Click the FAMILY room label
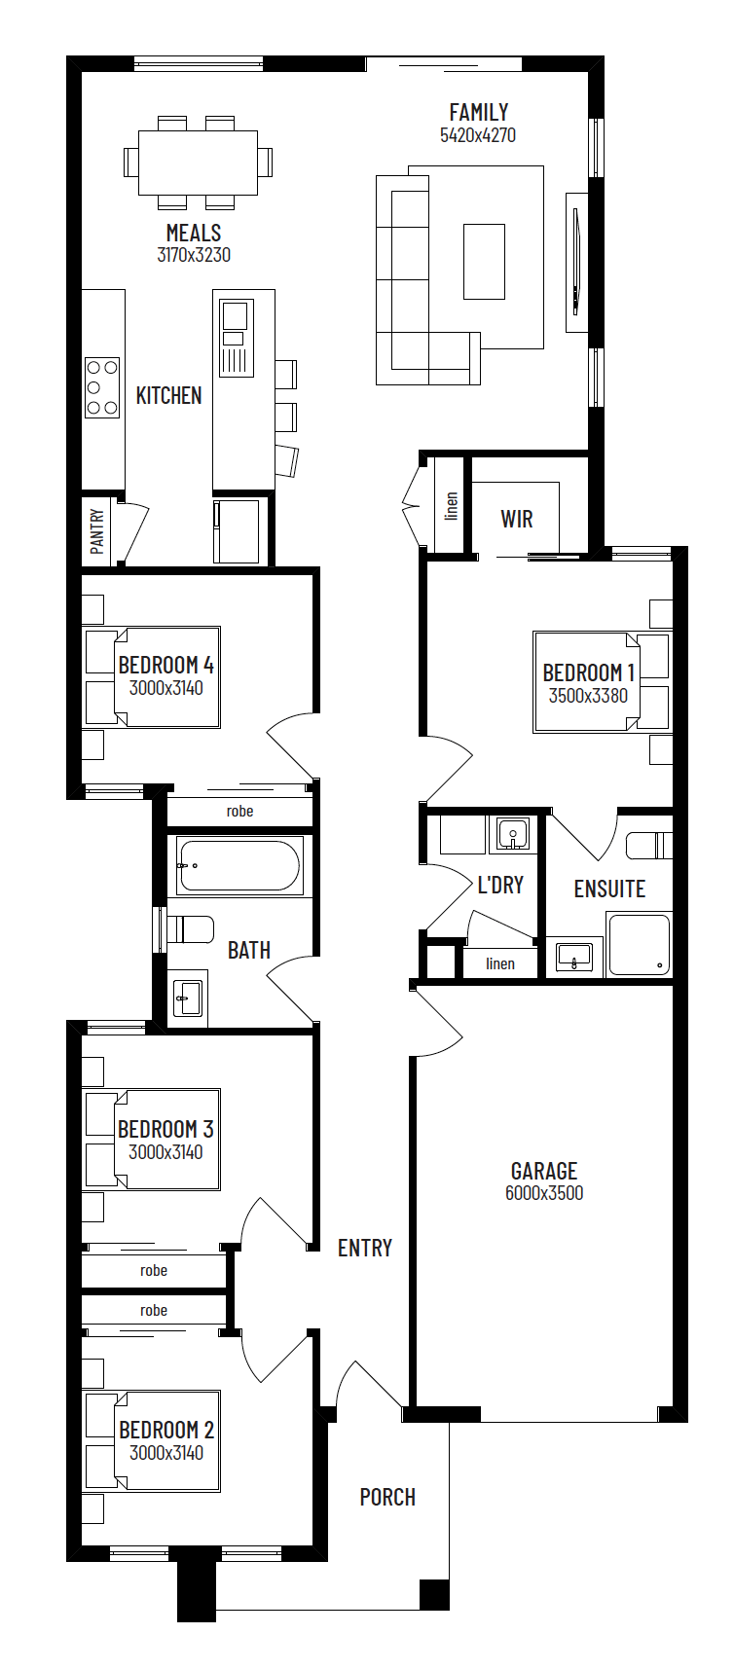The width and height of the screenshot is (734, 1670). pyautogui.click(x=478, y=113)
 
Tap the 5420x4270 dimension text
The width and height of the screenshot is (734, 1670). pyautogui.click(x=478, y=135)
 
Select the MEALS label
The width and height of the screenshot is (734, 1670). pyautogui.click(x=194, y=234)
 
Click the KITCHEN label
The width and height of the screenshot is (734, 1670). pyautogui.click(x=169, y=396)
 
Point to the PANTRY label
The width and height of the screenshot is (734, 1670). pyautogui.click(x=97, y=531)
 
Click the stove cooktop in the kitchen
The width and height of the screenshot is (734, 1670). pyautogui.click(x=102, y=387)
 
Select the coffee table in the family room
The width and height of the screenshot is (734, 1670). pyautogui.click(x=484, y=262)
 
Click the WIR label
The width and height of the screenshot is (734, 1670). pyautogui.click(x=517, y=519)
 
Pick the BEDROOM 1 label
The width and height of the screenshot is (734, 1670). pyautogui.click(x=589, y=673)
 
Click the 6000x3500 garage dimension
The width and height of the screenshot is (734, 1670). pyautogui.click(x=544, y=1193)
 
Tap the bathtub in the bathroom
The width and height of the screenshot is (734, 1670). pyautogui.click(x=239, y=865)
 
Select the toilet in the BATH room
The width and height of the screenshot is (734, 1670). pyautogui.click(x=190, y=929)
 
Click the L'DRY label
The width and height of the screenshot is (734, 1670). pyautogui.click(x=500, y=886)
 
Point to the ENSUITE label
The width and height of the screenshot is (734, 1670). pyautogui.click(x=609, y=889)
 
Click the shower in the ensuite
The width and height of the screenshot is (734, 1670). pyautogui.click(x=639, y=944)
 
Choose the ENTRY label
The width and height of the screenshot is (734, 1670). pyautogui.click(x=365, y=1249)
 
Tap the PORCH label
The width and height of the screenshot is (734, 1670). pyautogui.click(x=387, y=1498)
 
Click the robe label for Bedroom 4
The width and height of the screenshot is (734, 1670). pyautogui.click(x=239, y=812)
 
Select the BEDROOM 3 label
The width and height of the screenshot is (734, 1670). pyautogui.click(x=165, y=1130)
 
